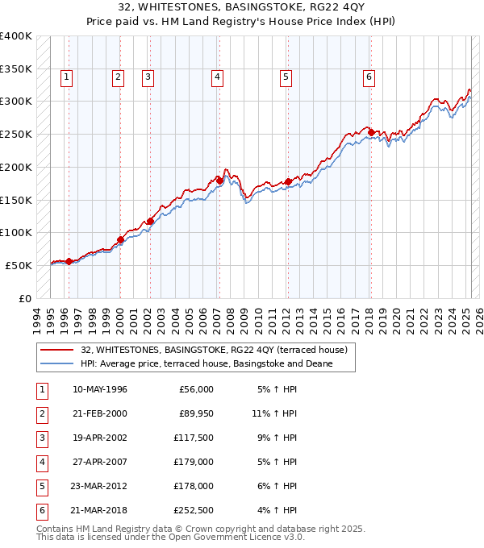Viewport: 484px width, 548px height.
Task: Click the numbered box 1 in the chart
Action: pos(65,77)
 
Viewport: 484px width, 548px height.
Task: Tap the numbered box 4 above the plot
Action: pos(218,77)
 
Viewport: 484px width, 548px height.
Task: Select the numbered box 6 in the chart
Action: pos(369,77)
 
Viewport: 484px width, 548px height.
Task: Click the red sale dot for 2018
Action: pos(370,132)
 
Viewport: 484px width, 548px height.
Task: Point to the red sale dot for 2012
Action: pos(288,181)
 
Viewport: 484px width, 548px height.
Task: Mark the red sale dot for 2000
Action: pos(120,239)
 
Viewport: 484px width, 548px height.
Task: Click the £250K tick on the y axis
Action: pos(16,135)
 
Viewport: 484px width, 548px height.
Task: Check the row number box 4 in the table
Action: pos(40,463)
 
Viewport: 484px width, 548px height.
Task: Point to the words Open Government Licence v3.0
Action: pos(239,537)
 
